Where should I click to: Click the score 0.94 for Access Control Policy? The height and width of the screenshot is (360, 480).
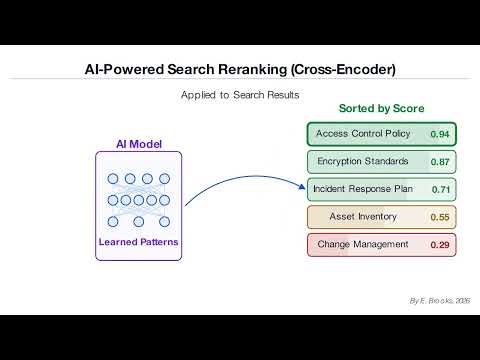click(440, 134)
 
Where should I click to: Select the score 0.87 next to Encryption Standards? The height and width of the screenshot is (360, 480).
click(440, 162)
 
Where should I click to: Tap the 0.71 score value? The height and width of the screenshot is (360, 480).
click(440, 189)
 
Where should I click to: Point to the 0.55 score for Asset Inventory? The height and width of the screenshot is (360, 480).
click(440, 217)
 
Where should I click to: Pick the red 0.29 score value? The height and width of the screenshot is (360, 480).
click(440, 245)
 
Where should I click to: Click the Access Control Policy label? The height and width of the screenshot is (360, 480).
click(361, 134)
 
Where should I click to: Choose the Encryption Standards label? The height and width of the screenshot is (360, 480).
click(361, 161)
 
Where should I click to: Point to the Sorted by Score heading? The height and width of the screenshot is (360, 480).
click(382, 108)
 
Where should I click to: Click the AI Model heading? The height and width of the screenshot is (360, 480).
click(138, 143)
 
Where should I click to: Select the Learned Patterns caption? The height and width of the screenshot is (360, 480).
click(138, 242)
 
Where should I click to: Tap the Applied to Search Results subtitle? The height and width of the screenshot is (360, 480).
click(240, 94)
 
